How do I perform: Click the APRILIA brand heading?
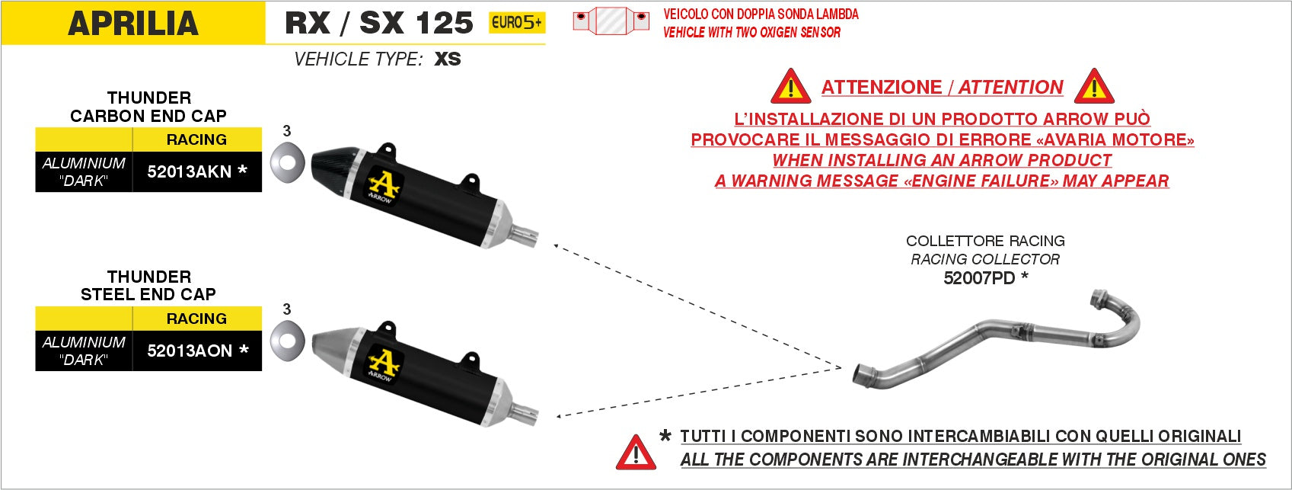tap(132, 24)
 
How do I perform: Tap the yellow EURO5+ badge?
tap(516, 23)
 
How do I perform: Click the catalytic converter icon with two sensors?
tap(611, 21)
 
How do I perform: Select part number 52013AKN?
tap(189, 171)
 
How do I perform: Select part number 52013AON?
tap(190, 351)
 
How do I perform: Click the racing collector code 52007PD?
tap(979, 278)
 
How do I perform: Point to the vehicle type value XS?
tap(448, 59)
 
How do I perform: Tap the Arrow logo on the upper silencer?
tap(384, 185)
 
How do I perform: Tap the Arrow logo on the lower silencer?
tap(384, 364)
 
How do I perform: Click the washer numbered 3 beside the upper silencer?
tap(287, 162)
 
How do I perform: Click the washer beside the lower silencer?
tap(287, 341)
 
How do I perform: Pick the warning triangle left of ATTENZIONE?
tap(791, 87)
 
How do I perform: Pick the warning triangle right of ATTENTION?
tap(1094, 87)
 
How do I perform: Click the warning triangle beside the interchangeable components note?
tap(636, 453)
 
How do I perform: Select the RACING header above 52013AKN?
tap(196, 139)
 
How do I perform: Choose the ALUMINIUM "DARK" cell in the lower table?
tap(84, 351)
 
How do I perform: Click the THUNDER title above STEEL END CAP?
tap(148, 277)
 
